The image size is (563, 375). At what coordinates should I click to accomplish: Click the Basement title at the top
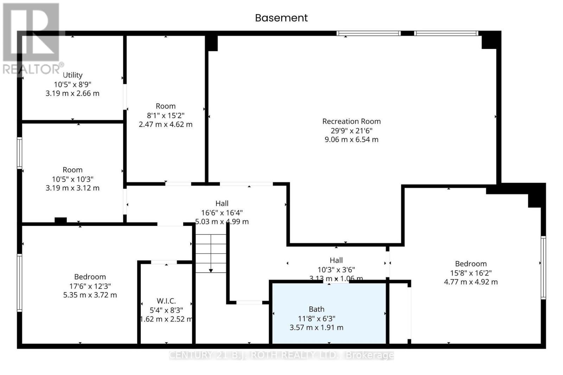(x=281, y=18)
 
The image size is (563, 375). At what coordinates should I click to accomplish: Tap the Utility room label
(x=72, y=75)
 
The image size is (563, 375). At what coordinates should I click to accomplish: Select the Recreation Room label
(x=351, y=121)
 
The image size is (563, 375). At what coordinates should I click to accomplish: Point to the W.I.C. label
(x=166, y=301)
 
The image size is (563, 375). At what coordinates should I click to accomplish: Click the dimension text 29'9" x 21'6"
(x=351, y=130)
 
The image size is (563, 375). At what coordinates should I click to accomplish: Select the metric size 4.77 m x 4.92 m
(x=470, y=282)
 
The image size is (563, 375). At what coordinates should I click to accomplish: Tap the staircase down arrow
(x=211, y=270)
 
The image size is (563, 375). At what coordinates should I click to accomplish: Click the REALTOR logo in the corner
(x=32, y=39)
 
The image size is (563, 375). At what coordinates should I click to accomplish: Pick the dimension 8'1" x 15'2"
(x=165, y=115)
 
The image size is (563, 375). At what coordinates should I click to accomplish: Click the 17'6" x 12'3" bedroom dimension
(x=90, y=286)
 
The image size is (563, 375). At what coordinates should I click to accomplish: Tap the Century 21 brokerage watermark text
(x=281, y=355)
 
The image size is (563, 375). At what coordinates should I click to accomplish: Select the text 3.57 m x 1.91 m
(x=316, y=328)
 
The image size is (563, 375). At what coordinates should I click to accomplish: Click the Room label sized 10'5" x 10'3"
(x=72, y=170)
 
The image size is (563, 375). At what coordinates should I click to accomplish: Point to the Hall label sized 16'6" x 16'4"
(x=222, y=203)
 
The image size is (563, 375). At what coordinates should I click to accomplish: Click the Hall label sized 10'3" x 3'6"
(x=336, y=260)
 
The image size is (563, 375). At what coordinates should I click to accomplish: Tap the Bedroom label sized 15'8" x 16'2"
(x=470, y=264)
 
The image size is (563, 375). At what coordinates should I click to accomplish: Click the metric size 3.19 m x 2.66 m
(x=72, y=93)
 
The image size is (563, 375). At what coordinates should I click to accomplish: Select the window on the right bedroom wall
(x=543, y=268)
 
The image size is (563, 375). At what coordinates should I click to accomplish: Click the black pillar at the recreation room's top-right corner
(x=491, y=40)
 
